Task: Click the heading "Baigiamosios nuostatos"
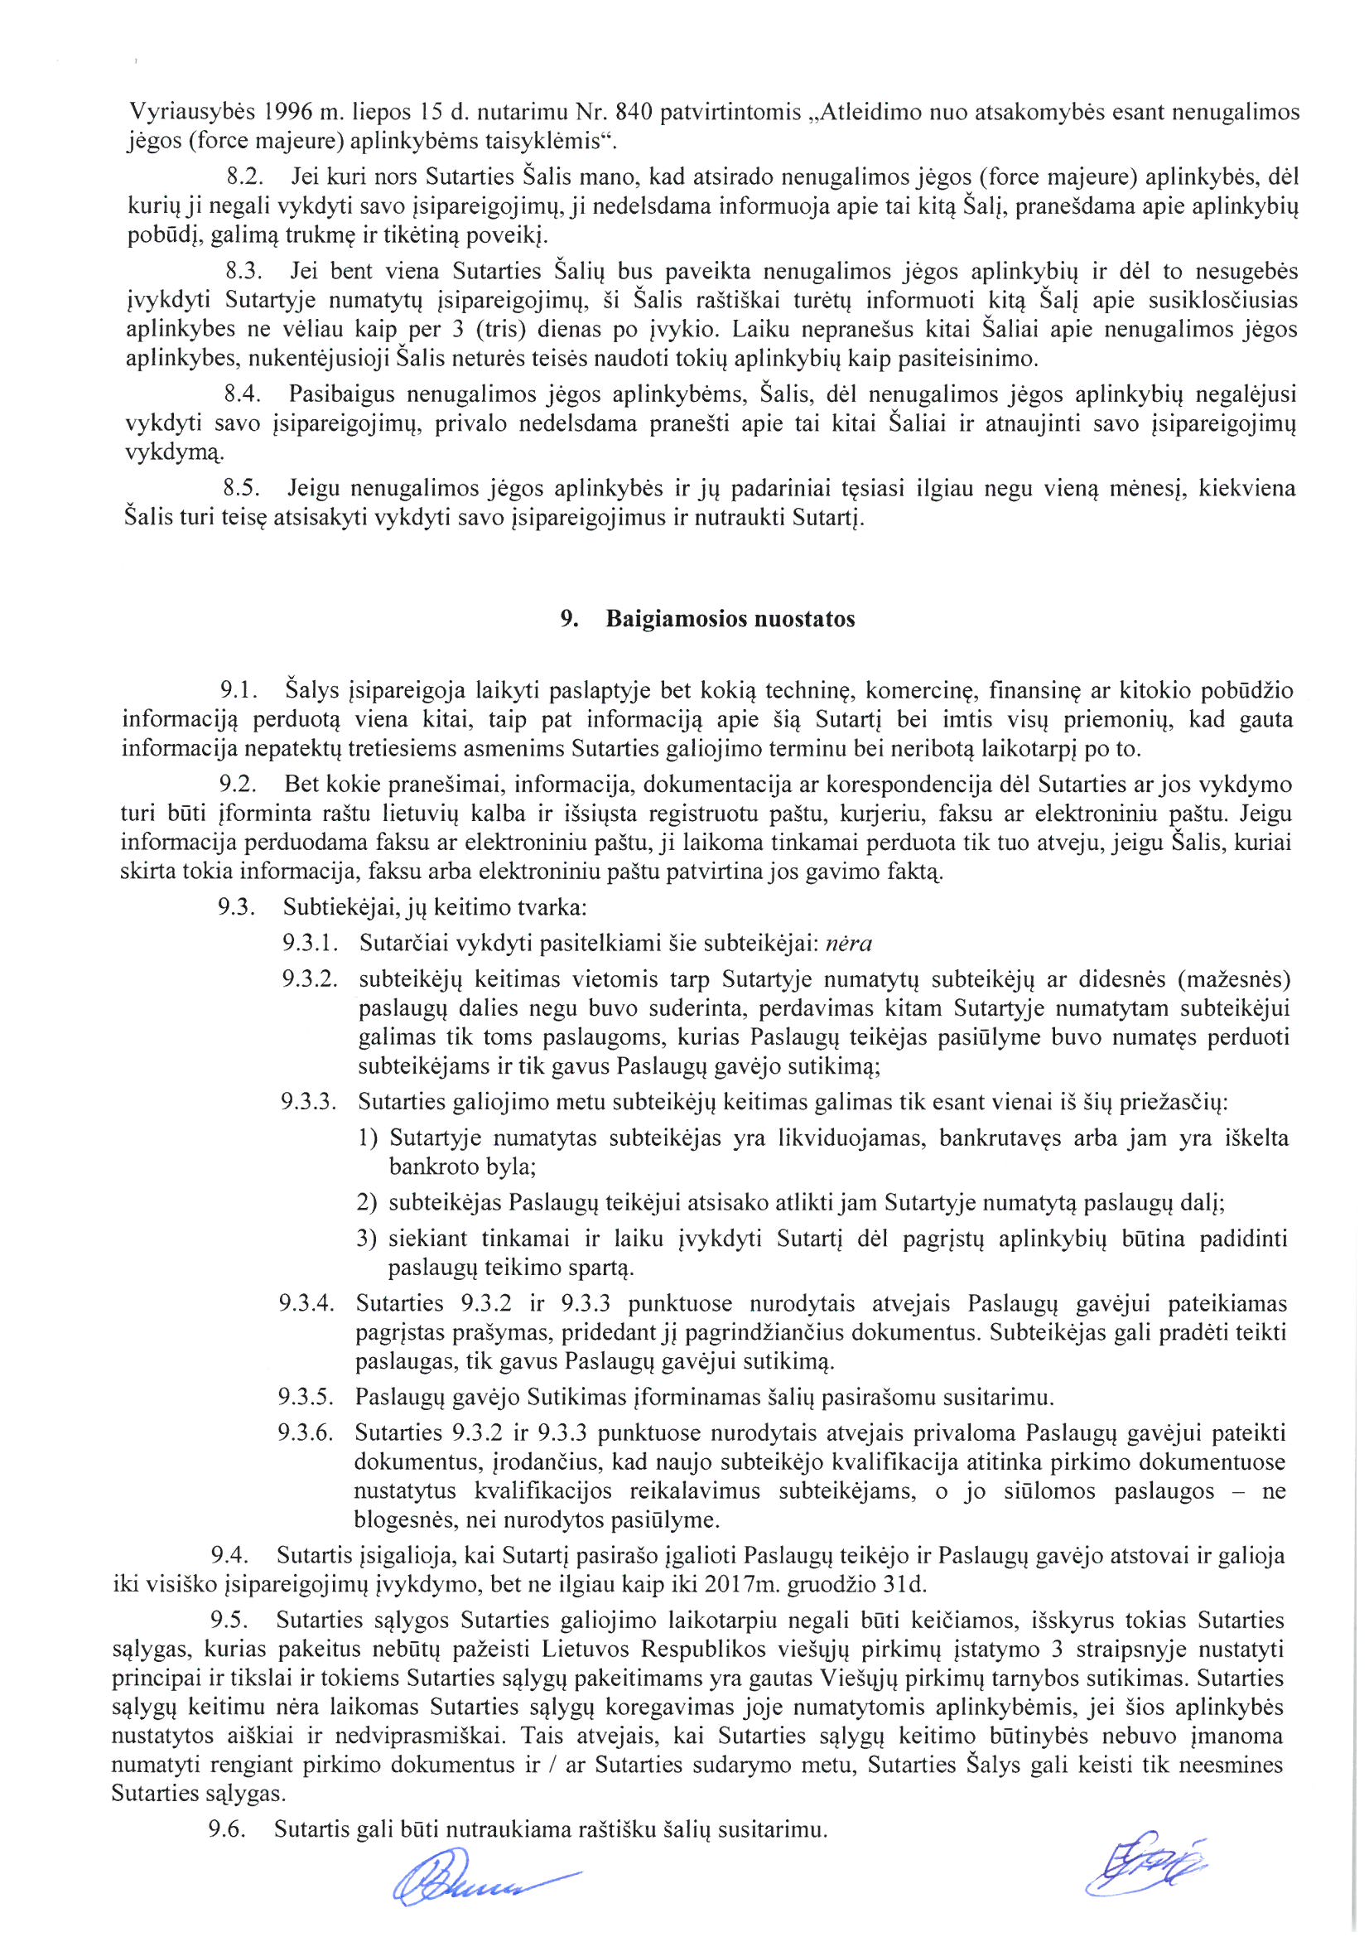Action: [730, 619]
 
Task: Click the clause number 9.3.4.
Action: [306, 1303]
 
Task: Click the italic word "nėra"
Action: [848, 943]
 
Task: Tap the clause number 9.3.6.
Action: [306, 1432]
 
